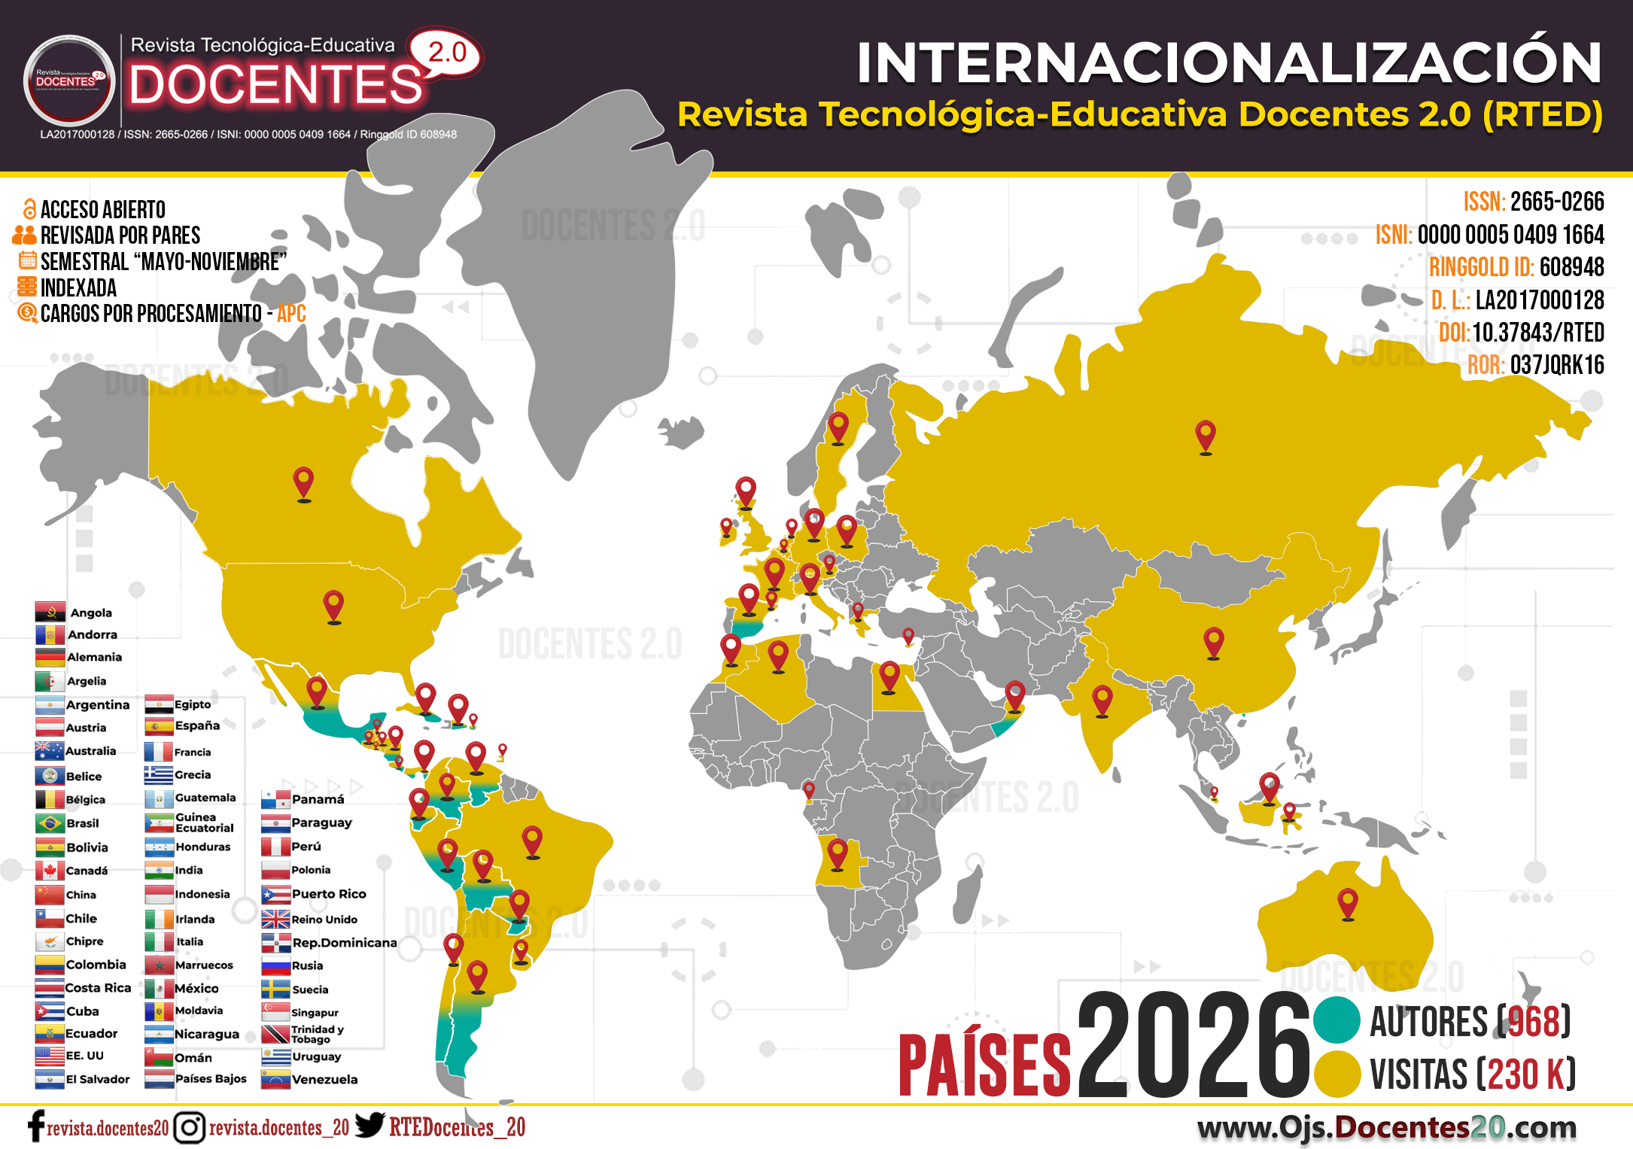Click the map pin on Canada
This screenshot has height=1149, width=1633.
pos(303,482)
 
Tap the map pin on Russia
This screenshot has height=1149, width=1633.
pos(1205,435)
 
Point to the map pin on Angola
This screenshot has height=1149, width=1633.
pos(837,854)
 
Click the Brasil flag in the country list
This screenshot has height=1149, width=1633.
pos(50,823)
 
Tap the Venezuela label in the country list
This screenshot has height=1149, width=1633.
pos(324,1079)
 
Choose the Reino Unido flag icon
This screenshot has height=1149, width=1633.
pos(275,919)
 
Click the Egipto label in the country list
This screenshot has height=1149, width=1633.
pos(193,704)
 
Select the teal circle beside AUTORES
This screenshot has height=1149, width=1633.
pos(1337,1020)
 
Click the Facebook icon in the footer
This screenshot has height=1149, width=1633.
pos(35,1127)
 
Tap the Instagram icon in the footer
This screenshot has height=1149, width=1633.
pos(189,1127)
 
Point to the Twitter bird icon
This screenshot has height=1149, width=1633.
pos(369,1125)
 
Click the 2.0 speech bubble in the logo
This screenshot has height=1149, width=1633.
pos(446,53)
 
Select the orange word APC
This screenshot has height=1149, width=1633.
pos(291,314)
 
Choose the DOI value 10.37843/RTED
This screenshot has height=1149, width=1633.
pos(1537,333)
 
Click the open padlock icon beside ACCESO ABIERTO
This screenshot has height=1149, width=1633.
pos(29,208)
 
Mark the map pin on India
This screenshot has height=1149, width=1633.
pos(1102,700)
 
